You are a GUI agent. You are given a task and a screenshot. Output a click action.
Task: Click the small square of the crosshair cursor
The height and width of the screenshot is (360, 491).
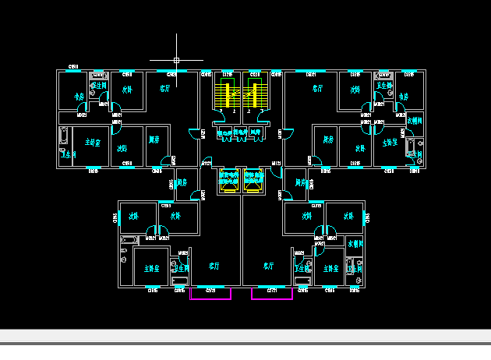(x=177, y=59)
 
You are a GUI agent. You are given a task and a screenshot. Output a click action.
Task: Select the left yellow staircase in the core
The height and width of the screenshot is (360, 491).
(x=228, y=94)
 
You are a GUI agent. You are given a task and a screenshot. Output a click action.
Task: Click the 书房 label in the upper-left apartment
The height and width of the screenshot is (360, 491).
(x=79, y=97)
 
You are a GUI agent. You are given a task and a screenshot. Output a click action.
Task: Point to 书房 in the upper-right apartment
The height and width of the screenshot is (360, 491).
(x=403, y=97)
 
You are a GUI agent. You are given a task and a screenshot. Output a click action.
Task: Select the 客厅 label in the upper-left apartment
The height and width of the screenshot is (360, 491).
(x=164, y=89)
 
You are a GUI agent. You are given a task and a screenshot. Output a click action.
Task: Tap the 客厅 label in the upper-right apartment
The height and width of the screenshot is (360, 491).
(x=317, y=89)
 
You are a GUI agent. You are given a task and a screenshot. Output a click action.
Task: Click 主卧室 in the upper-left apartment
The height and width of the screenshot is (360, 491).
(x=94, y=142)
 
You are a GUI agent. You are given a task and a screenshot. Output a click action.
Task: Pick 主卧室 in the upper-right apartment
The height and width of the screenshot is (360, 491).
(x=390, y=143)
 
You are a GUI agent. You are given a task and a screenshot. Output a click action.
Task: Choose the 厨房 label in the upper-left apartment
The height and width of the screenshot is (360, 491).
(x=154, y=140)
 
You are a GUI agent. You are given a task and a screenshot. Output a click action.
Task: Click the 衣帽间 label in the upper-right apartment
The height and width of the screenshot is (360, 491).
(x=415, y=121)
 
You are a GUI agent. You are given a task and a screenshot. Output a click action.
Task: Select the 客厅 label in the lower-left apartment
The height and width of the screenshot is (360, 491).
(x=214, y=266)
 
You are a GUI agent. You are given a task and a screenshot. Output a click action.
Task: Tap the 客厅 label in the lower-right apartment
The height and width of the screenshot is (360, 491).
(x=268, y=266)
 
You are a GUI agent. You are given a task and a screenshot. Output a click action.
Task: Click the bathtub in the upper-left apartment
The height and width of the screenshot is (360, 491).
(x=64, y=140)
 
